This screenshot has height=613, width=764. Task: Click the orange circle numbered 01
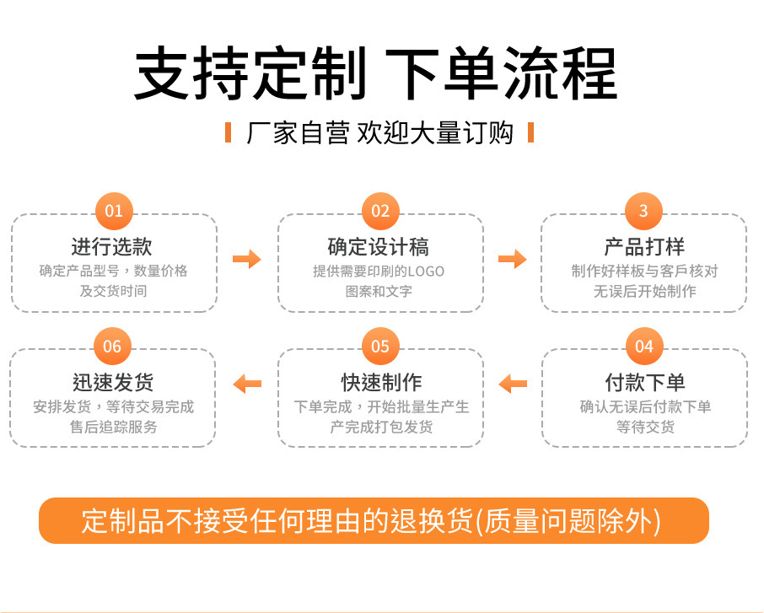pyautogui.click(x=114, y=211)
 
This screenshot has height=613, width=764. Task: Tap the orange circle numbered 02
pyautogui.click(x=380, y=211)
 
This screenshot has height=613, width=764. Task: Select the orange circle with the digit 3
pyautogui.click(x=643, y=211)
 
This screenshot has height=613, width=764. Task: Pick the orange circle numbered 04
pyautogui.click(x=644, y=346)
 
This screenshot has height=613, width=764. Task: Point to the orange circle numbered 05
pyautogui.click(x=380, y=346)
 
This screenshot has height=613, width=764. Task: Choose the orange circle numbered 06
pyautogui.click(x=112, y=346)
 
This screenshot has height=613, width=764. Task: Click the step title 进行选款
pyautogui.click(x=112, y=246)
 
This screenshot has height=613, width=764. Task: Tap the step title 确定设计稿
pyautogui.click(x=379, y=246)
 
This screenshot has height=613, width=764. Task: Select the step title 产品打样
pyautogui.click(x=644, y=246)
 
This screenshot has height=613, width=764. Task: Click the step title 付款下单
pyautogui.click(x=645, y=382)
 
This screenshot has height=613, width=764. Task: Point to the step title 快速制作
pyautogui.click(x=381, y=382)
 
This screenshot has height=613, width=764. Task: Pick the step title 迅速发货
pyautogui.click(x=113, y=382)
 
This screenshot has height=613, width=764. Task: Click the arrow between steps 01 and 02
pyautogui.click(x=247, y=259)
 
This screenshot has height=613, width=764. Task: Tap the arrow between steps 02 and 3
pyautogui.click(x=513, y=259)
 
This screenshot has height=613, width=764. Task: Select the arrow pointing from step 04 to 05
pyautogui.click(x=513, y=384)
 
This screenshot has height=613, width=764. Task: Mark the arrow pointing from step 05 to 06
pyautogui.click(x=248, y=384)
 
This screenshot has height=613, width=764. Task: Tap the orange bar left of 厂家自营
pyautogui.click(x=228, y=132)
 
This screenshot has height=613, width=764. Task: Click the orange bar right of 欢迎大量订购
pyautogui.click(x=531, y=132)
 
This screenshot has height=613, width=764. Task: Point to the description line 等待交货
pyautogui.click(x=646, y=427)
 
